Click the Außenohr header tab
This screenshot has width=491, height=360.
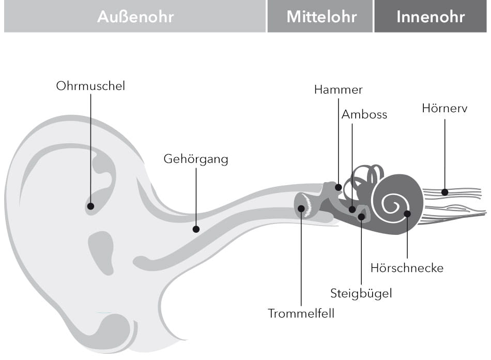[135, 17]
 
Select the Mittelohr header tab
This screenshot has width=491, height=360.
[321, 17]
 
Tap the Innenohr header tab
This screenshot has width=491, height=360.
[431, 17]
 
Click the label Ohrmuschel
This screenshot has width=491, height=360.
[90, 86]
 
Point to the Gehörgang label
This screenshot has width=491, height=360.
[196, 159]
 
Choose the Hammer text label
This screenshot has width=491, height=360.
[339, 89]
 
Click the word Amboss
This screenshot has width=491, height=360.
[364, 114]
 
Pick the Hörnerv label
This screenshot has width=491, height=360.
[444, 109]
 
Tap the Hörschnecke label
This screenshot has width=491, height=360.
[407, 268]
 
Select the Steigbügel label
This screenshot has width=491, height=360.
[361, 294]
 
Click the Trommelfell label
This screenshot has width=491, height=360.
[301, 313]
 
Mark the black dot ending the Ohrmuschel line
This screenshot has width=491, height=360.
[90, 206]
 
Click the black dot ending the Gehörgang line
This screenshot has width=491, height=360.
[196, 229]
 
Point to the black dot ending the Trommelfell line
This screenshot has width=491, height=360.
[301, 208]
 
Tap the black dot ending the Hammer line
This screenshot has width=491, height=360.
[339, 187]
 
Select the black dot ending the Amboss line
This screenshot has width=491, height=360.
[352, 209]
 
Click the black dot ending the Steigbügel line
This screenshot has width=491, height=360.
[361, 216]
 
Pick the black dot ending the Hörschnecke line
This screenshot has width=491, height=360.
[407, 214]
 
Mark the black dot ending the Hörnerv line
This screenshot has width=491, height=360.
[444, 192]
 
